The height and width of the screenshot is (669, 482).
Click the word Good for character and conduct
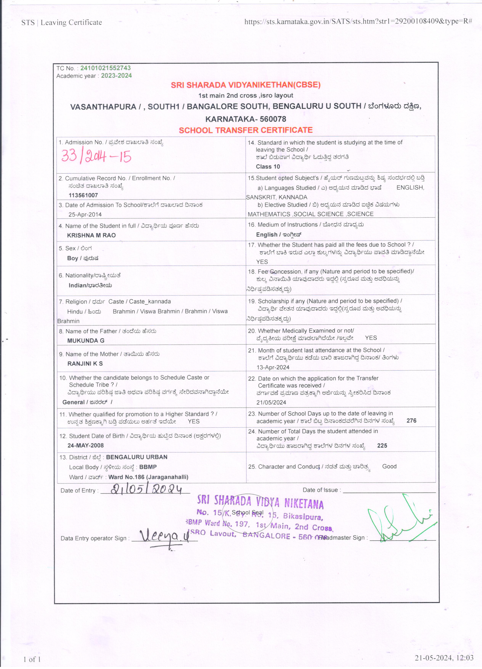click(x=389, y=466)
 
